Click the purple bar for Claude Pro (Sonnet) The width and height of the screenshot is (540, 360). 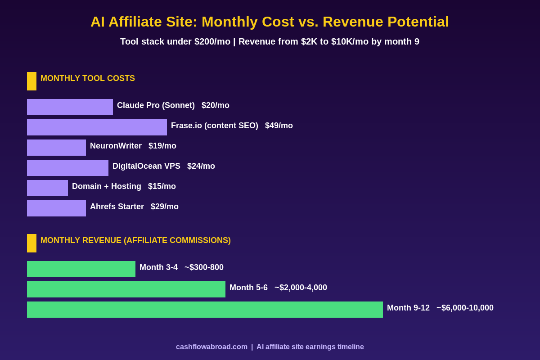70,107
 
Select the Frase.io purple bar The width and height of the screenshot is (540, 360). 97,127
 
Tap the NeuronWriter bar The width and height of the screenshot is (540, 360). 56,148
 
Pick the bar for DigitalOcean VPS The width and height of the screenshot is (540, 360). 67,168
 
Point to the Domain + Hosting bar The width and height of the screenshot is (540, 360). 47,188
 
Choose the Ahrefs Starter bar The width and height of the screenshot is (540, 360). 56,208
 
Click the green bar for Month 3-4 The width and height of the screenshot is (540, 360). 81,269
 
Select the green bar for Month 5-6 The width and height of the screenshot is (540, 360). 126,289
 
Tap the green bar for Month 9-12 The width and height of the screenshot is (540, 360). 205,310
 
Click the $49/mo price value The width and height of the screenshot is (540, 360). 279,126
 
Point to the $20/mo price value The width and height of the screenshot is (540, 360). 215,106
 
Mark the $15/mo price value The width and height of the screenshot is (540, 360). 162,187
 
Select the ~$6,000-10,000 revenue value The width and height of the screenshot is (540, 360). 465,308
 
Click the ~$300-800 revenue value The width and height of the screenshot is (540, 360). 204,268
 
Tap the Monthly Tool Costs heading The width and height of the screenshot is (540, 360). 88,79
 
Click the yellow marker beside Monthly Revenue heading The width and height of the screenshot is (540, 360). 31,243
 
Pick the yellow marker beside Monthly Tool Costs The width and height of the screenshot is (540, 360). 31,81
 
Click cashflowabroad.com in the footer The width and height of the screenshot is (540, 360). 211,347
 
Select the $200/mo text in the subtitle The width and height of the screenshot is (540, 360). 212,42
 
